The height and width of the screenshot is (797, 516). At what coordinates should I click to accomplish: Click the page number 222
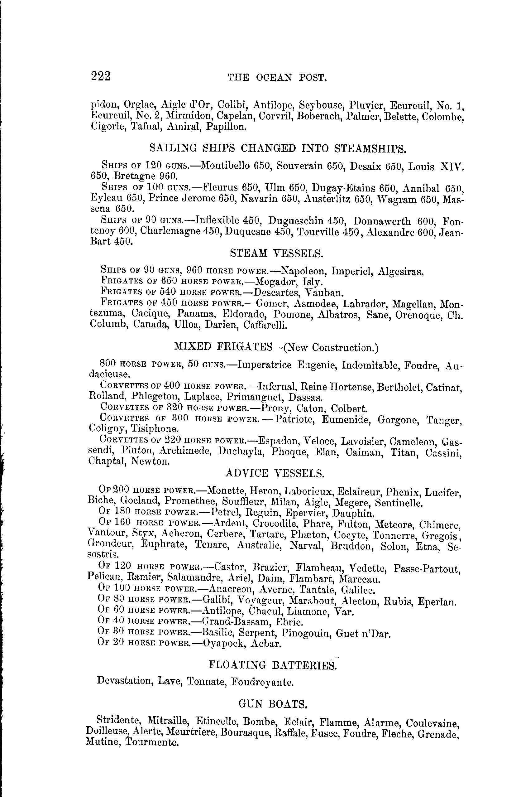[x=100, y=76]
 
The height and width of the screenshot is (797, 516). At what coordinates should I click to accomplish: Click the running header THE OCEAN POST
[x=277, y=78]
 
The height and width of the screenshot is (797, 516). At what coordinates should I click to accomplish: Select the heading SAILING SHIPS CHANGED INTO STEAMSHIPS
[x=277, y=148]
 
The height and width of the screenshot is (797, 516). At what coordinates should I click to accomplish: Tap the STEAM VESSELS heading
[x=277, y=253]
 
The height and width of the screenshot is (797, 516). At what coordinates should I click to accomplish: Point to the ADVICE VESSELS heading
[x=275, y=473]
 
